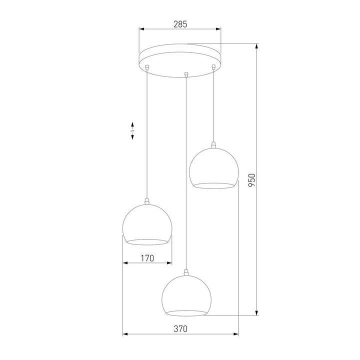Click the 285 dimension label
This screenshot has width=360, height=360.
pos(179,23)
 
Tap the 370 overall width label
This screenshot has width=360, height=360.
pos(180,329)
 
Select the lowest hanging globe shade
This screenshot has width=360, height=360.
pos(186,295)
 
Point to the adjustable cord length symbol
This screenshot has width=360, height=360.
pos(132,130)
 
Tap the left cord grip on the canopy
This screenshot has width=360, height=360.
pos(146,66)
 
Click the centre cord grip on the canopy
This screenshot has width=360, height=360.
pos(186,74)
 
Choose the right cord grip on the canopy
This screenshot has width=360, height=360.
pos(213,66)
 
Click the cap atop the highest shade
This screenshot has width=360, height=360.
pos(213,145)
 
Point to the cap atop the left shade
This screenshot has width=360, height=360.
pos(147,201)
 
